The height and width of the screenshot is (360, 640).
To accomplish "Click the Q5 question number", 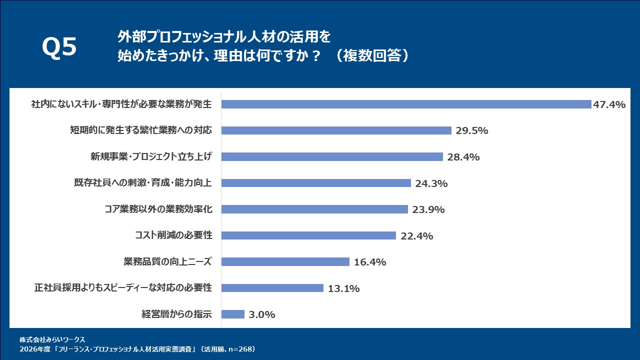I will pos(59,48).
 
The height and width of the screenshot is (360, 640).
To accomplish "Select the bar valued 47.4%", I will pos(406,104).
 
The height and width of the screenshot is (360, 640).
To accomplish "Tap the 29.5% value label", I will pos(471,131).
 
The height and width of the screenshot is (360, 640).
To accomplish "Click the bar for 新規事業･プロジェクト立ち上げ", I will pos(332,157).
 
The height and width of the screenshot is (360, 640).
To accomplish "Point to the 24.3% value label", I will pos(431,183).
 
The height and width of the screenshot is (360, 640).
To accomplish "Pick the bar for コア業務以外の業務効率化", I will pos(314,209).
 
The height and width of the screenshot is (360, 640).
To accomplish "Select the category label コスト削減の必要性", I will pos(173,235).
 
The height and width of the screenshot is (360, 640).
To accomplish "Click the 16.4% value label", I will pos(369,262).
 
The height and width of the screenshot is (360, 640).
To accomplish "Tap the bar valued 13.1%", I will pos(272,288).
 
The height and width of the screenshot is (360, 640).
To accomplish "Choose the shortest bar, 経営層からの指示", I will pos(232,314).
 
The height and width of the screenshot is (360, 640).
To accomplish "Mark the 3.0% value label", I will pos(262,315).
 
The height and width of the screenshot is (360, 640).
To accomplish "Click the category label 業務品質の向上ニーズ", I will pos(167,261).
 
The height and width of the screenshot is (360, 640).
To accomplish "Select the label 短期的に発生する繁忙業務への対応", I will pos(141,130).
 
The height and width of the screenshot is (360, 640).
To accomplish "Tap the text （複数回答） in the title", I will pos(372,55).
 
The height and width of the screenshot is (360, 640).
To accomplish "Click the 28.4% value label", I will pos(463,157).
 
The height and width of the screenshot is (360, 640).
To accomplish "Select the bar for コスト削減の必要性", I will pos(308,235).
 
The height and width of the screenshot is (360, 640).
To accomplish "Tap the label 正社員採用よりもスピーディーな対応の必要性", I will pos(123,288).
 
